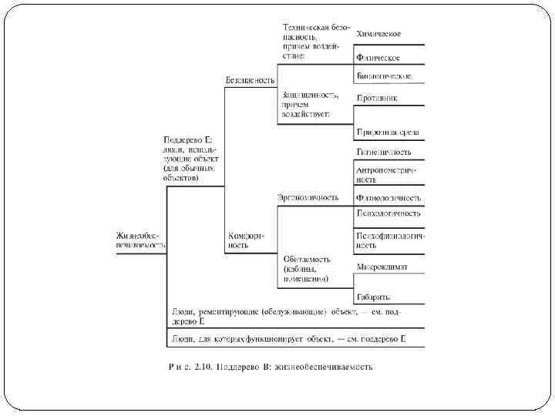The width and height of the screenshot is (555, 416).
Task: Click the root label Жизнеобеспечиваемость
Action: tap(141, 240)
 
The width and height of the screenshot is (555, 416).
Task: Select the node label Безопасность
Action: tap(250, 80)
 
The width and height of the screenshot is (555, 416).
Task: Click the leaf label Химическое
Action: tap(378, 34)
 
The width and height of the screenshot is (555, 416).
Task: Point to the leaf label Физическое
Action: tap(377, 58)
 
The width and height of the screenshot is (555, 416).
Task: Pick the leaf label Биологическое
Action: tap(383, 76)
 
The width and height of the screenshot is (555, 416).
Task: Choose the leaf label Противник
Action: tap(377, 98)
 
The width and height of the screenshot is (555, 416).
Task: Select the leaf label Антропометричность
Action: tap(386, 173)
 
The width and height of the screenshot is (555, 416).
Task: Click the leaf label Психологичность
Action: tap(388, 213)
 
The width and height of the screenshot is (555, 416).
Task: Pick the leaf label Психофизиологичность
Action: tap(388, 240)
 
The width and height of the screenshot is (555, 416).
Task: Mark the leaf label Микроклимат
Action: tap(382, 267)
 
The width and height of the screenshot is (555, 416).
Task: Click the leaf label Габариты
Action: tap(373, 296)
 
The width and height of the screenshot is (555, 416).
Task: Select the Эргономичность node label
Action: tap(308, 197)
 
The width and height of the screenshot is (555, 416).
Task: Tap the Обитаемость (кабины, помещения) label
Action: tap(306, 269)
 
